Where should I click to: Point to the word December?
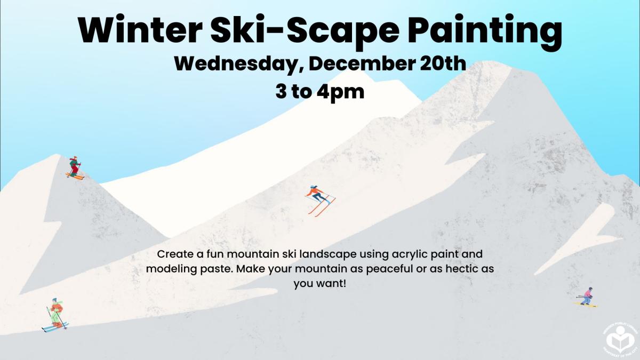(361, 64)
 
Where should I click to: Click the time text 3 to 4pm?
(320, 91)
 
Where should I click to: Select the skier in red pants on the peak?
(75, 166)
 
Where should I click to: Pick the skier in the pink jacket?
(587, 296)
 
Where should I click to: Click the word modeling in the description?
(167, 269)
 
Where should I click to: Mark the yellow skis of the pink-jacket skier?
(586, 305)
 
